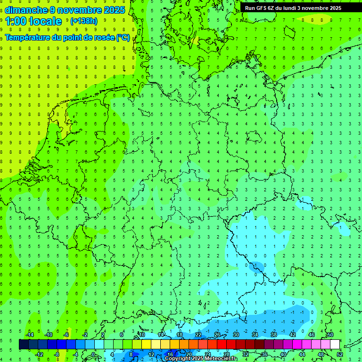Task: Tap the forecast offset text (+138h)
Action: coord(83,21)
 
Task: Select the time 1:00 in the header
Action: coord(16,21)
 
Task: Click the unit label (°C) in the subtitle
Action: coord(123,37)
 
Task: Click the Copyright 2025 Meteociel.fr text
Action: coord(201,359)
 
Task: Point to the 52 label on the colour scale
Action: coord(340,354)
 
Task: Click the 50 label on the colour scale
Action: coord(330,335)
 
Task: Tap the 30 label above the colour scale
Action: coord(236,335)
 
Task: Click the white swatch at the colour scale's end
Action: coord(335,345)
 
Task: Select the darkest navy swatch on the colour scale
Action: coord(24,345)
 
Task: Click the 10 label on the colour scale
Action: coord(142,335)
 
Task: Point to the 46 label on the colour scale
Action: coord(311,335)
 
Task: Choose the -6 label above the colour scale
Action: coord(66,335)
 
